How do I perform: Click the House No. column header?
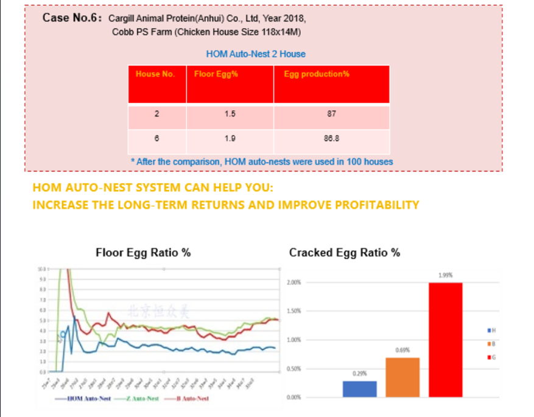[x=155, y=74]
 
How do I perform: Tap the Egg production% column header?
[x=316, y=74]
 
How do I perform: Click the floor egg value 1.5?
[x=230, y=114]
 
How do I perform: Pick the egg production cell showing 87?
[x=331, y=114]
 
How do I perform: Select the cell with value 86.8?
[x=331, y=138]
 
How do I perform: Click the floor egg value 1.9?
[x=230, y=138]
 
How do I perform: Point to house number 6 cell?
[x=156, y=138]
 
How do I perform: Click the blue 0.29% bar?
[x=359, y=389]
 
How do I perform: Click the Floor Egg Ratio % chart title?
[x=143, y=253]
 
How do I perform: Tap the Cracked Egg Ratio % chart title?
[x=345, y=253]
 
